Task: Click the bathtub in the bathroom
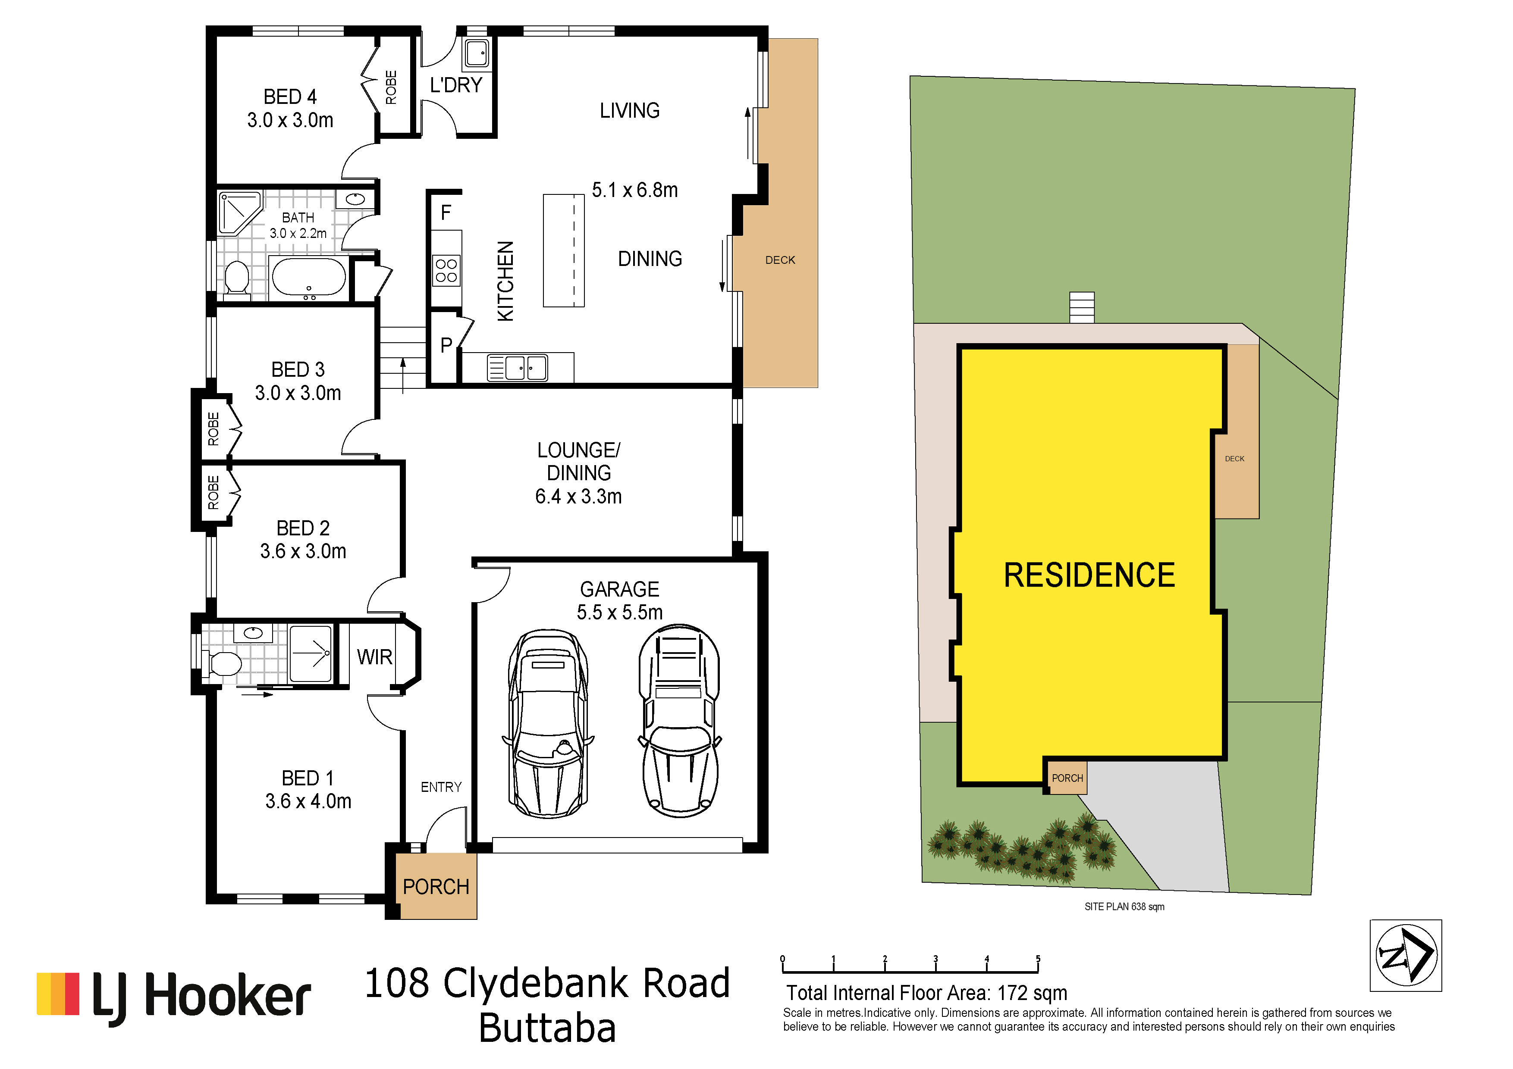point(308,277)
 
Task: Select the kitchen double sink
point(517,368)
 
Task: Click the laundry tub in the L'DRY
point(475,53)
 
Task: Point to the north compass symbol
point(1406,955)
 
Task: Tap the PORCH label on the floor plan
point(436,887)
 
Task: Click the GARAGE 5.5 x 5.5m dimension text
point(619,601)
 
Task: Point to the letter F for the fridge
point(446,213)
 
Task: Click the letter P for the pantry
point(446,345)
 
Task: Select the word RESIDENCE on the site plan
point(1089,575)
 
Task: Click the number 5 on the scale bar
point(1038,959)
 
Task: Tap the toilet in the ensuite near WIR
point(222,663)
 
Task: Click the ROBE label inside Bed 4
point(391,88)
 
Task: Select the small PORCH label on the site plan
point(1067,778)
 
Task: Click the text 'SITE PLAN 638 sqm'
point(1124,907)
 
